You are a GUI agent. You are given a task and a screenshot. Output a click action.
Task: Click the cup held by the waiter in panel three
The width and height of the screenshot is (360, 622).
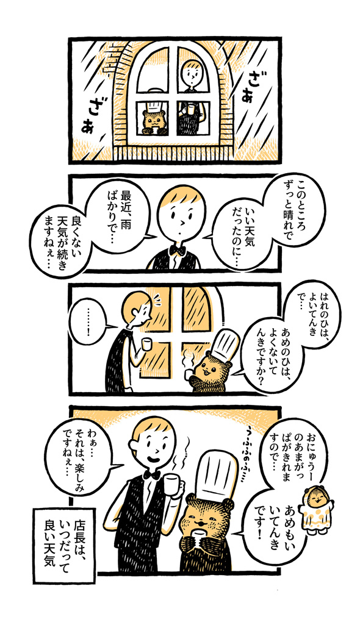[x=146, y=344]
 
